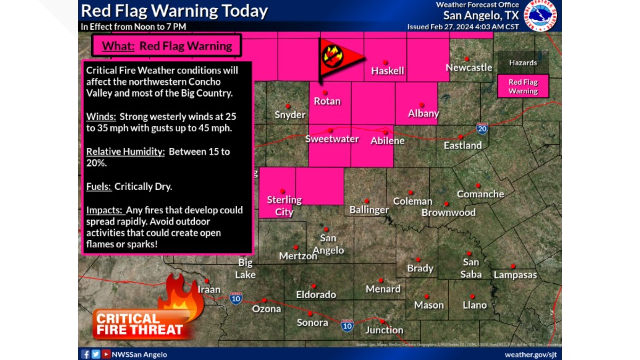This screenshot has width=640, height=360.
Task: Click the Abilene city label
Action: click(387, 141)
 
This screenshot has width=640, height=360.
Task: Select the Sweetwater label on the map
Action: click(332, 139)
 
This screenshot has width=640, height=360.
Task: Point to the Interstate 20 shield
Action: click(482, 129)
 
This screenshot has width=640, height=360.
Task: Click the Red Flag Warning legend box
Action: click(523, 86)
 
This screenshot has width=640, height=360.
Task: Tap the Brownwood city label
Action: click(448, 212)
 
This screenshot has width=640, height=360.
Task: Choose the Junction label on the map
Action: click(384, 330)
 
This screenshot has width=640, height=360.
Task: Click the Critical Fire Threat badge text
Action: click(139, 324)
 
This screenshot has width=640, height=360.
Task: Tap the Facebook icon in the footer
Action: click(85, 354)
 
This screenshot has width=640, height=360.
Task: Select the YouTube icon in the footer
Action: click(106, 354)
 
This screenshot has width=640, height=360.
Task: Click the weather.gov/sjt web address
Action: click(530, 355)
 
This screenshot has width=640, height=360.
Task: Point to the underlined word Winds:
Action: click(101, 117)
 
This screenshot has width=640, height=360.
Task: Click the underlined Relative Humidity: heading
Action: click(125, 152)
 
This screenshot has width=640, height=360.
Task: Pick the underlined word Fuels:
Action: click(99, 186)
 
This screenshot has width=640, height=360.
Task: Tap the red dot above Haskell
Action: click(385, 62)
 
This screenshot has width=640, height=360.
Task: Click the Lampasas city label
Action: click(515, 275)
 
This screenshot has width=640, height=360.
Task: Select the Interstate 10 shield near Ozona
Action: click(236, 298)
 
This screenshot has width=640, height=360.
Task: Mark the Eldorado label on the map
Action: click(316, 295)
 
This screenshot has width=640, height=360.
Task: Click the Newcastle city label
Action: click(469, 68)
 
